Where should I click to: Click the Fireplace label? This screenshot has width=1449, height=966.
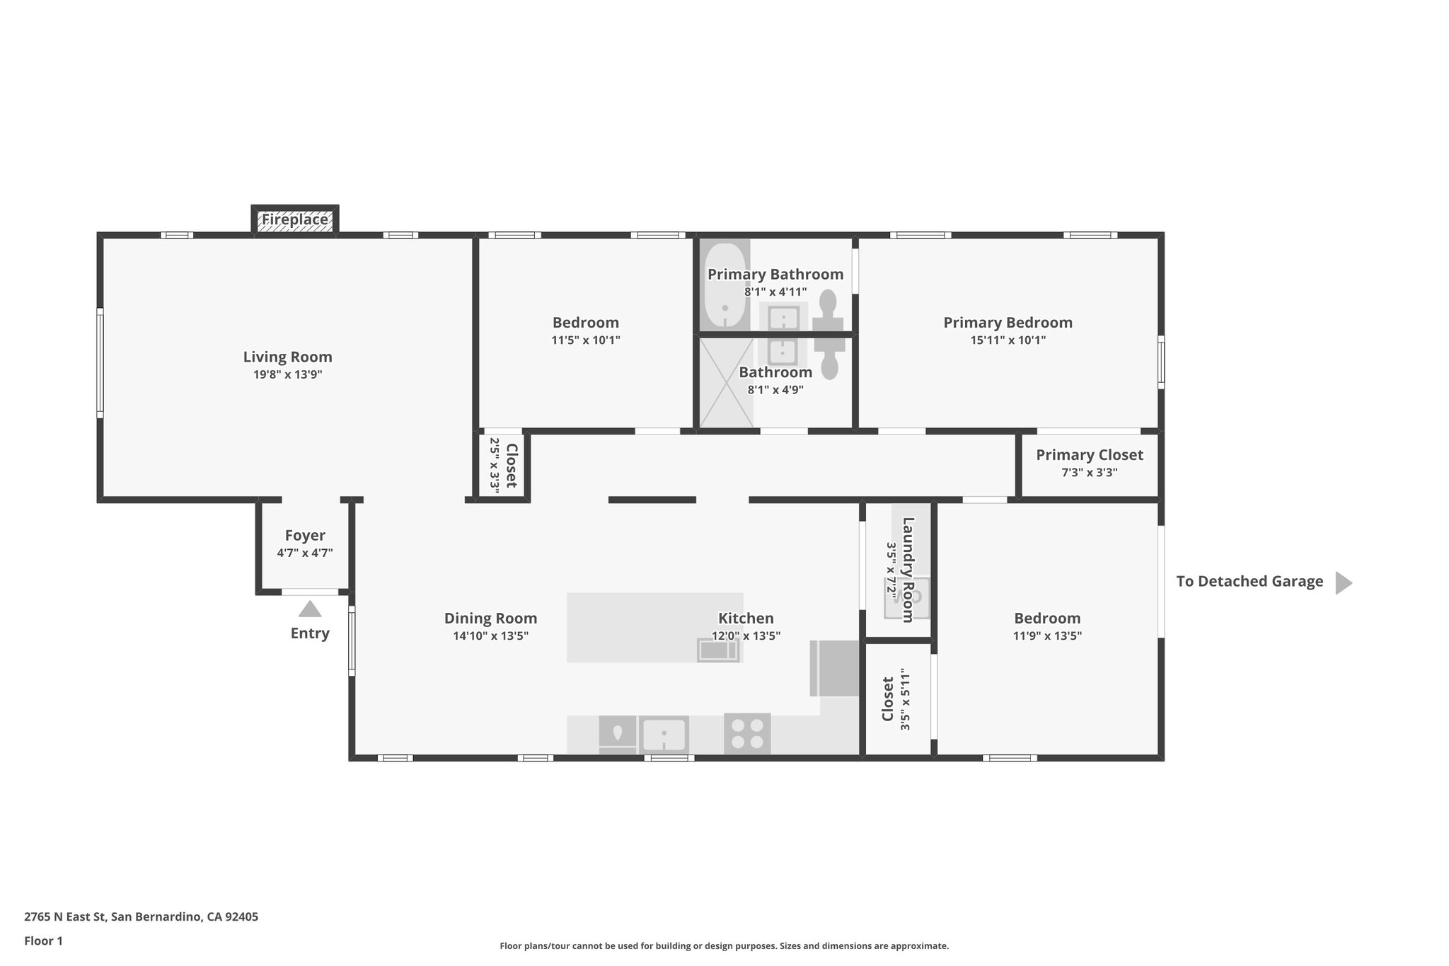click(295, 219)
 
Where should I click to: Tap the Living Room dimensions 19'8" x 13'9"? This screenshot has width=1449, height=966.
click(288, 374)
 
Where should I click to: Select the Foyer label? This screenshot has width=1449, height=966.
click(305, 536)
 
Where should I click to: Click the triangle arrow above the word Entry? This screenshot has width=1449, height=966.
click(310, 609)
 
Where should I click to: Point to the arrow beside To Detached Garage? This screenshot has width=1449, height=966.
click(1343, 582)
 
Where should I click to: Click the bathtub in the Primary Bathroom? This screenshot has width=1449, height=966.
click(724, 286)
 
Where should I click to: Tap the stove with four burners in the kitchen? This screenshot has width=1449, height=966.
click(747, 733)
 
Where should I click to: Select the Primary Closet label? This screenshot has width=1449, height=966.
click(1089, 455)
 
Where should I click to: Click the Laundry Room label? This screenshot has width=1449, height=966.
click(908, 570)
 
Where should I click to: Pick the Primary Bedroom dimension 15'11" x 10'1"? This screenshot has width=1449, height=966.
click(1008, 340)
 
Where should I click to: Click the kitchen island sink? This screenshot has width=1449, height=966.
click(718, 650)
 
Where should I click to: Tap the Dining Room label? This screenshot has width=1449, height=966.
click(490, 618)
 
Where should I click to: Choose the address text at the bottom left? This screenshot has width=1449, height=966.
click(141, 916)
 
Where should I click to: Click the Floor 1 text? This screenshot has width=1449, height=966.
click(43, 941)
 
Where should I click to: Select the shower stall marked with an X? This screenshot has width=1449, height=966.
click(726, 383)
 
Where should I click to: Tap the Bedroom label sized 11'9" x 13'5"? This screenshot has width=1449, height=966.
click(1046, 618)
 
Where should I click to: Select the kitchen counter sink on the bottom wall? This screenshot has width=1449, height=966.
click(663, 735)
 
